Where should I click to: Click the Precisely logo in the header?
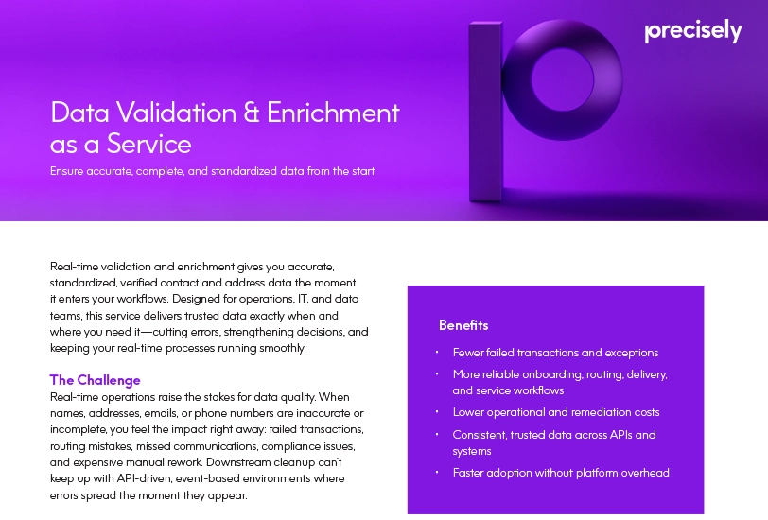tap(692, 31)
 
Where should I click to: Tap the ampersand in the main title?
tap(252, 113)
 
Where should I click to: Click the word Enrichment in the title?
tap(334, 113)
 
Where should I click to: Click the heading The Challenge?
tap(95, 380)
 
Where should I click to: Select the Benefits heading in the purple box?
tap(463, 325)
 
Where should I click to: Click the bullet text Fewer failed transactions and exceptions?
tap(555, 353)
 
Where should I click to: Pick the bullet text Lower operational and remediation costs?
tap(556, 412)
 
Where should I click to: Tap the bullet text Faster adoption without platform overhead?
tap(561, 472)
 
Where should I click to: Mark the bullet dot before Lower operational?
tap(437, 412)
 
